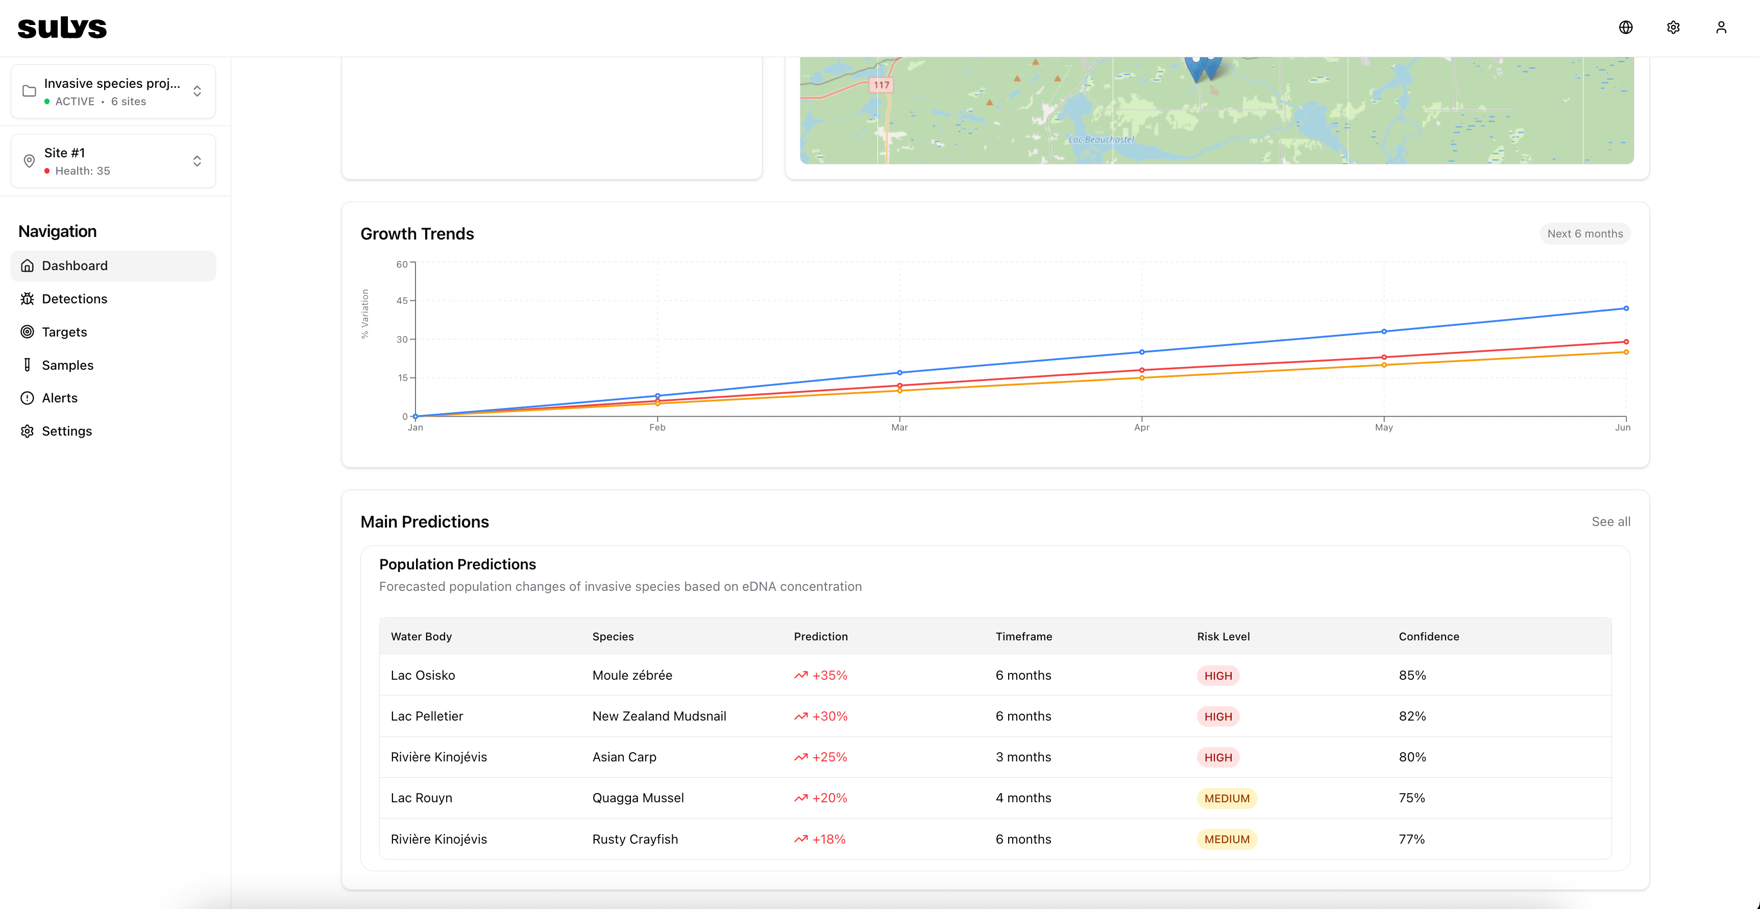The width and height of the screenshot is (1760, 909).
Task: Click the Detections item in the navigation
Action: coord(74,299)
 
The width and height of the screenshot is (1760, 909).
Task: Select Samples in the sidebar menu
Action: coord(67,365)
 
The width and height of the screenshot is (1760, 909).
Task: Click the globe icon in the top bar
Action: coord(1625,28)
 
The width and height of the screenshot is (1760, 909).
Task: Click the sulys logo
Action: coord(62,28)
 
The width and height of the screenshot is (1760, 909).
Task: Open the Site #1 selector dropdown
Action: coord(113,161)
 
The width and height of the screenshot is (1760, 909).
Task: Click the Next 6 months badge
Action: coord(1584,234)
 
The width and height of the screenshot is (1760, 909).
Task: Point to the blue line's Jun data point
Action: coord(1626,308)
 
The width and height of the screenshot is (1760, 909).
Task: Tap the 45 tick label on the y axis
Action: coord(402,301)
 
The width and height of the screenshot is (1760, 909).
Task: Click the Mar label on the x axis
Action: coord(899,427)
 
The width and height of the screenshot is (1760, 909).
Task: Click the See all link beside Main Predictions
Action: coord(1610,521)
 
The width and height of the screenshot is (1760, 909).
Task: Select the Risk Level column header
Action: coord(1223,636)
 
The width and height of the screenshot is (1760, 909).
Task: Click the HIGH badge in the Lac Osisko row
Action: coord(1217,675)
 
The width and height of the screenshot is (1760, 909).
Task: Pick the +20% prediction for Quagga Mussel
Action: coord(829,798)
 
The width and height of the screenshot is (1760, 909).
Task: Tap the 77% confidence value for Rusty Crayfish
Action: coord(1411,839)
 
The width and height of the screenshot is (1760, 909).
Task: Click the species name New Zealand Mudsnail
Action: coord(658,715)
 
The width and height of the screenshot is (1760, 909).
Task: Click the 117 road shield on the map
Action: coord(882,85)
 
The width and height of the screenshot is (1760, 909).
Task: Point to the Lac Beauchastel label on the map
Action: coord(1101,139)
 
